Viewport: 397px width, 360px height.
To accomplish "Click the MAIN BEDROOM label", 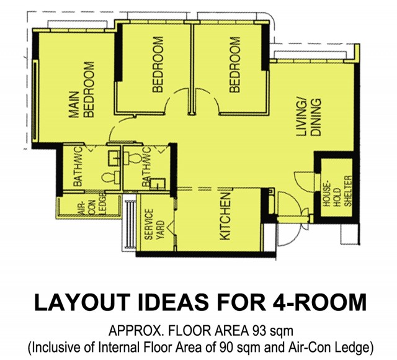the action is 81,90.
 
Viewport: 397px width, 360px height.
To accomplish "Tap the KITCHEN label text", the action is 225,217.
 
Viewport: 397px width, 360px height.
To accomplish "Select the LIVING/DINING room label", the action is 309,117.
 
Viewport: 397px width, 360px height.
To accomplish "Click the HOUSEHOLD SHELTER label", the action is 337,191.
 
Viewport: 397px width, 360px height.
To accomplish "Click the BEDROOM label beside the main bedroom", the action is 158,65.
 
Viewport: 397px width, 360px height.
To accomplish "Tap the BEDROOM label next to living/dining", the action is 234,65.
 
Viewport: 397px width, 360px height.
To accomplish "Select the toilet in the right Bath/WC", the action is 133,158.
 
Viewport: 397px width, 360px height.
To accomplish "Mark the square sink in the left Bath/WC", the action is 114,159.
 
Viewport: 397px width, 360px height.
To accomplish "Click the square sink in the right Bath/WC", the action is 158,184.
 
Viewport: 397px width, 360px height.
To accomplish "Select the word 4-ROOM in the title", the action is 319,302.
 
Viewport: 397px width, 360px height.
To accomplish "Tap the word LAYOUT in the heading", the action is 83,302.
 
